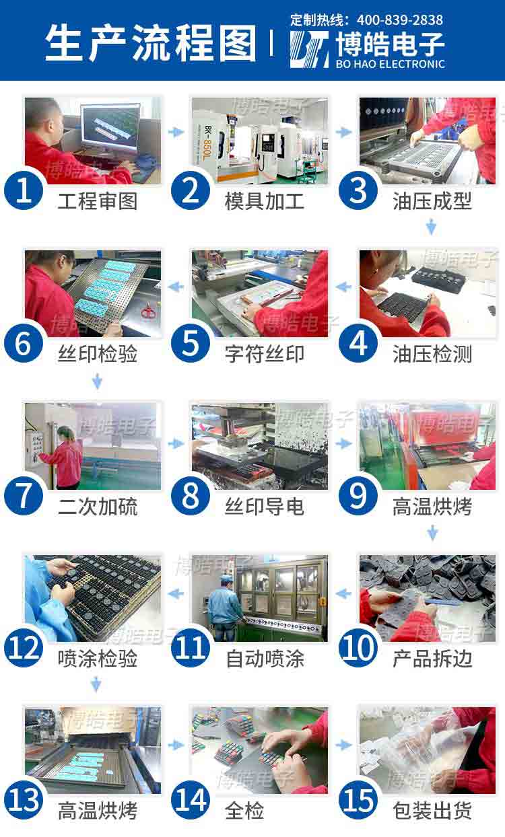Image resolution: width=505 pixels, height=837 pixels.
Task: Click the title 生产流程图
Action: [x=150, y=42]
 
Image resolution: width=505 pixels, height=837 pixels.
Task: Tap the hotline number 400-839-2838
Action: [x=400, y=20]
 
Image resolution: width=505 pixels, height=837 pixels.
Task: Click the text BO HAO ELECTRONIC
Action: [x=390, y=64]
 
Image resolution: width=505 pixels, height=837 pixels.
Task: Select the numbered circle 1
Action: [x=24, y=190]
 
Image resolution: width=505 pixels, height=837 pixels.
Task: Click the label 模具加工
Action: [x=265, y=201]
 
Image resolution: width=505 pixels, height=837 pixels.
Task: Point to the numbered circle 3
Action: [x=358, y=190]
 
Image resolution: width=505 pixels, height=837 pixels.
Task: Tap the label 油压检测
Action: [x=432, y=353]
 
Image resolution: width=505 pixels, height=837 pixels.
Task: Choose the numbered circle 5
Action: [x=191, y=343]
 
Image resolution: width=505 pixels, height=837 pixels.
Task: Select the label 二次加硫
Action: [x=98, y=507]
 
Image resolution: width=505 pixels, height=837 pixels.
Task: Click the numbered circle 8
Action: [x=191, y=496]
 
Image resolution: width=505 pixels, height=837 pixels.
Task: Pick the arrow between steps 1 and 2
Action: [x=176, y=132]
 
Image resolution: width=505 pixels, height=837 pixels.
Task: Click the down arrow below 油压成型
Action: [x=432, y=227]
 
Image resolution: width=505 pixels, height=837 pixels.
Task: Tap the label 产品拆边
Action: [x=432, y=659]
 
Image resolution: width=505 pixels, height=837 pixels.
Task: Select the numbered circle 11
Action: [x=191, y=649]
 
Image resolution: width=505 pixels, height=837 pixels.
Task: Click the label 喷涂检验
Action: [x=98, y=659]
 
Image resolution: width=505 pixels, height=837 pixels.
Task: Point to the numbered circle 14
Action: [x=191, y=801]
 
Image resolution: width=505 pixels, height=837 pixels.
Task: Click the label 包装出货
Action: [x=432, y=811]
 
